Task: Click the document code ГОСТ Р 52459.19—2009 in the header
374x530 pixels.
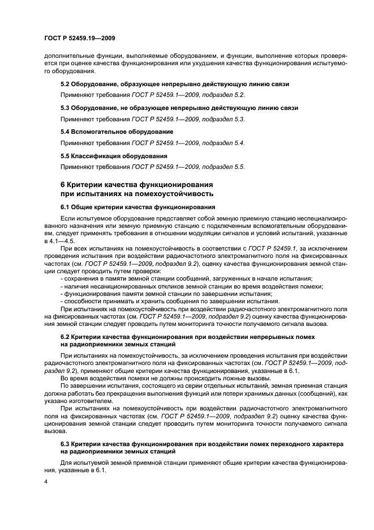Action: tap(80, 39)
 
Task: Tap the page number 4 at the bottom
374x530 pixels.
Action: tap(46, 481)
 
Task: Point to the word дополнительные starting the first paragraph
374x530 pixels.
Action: tap(66, 57)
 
